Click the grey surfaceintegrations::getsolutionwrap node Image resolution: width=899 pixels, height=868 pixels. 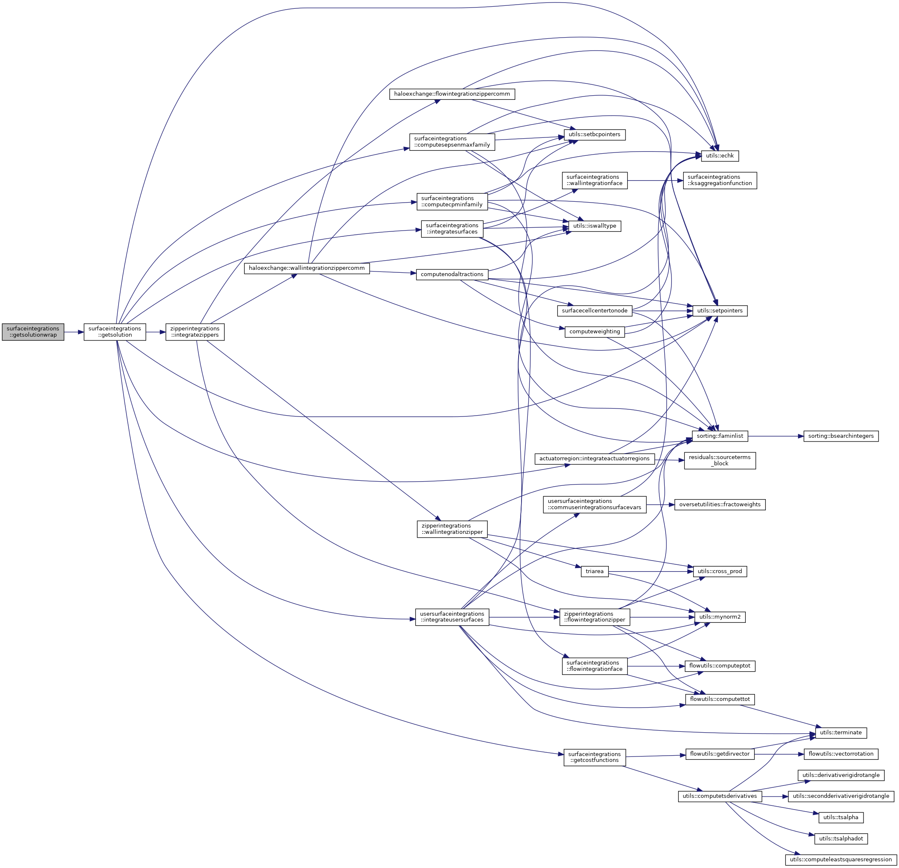coord(33,332)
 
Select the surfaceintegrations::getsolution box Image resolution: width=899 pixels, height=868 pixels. coord(115,332)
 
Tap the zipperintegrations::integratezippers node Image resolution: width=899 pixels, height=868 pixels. coord(195,332)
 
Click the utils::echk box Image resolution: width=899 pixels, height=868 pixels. coord(719,155)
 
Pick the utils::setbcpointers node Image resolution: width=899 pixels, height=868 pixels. coord(595,135)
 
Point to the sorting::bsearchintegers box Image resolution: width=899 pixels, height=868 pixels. coord(841,435)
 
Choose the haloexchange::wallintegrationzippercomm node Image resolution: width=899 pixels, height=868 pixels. coord(306,268)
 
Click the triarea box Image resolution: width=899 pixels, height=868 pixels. coord(595,571)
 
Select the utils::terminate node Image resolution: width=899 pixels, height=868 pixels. coord(841,732)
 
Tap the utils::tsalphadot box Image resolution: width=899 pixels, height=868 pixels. coord(841,838)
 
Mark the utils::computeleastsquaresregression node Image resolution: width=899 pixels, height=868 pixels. coord(841,859)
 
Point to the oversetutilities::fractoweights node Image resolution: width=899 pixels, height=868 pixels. coord(719,504)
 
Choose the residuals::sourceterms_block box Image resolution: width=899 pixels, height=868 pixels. coord(719,460)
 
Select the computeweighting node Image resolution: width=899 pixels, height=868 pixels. coord(595,331)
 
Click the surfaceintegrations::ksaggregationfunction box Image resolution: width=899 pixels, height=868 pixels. coord(719,180)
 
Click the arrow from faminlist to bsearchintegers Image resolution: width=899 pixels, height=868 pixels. coord(775,435)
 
